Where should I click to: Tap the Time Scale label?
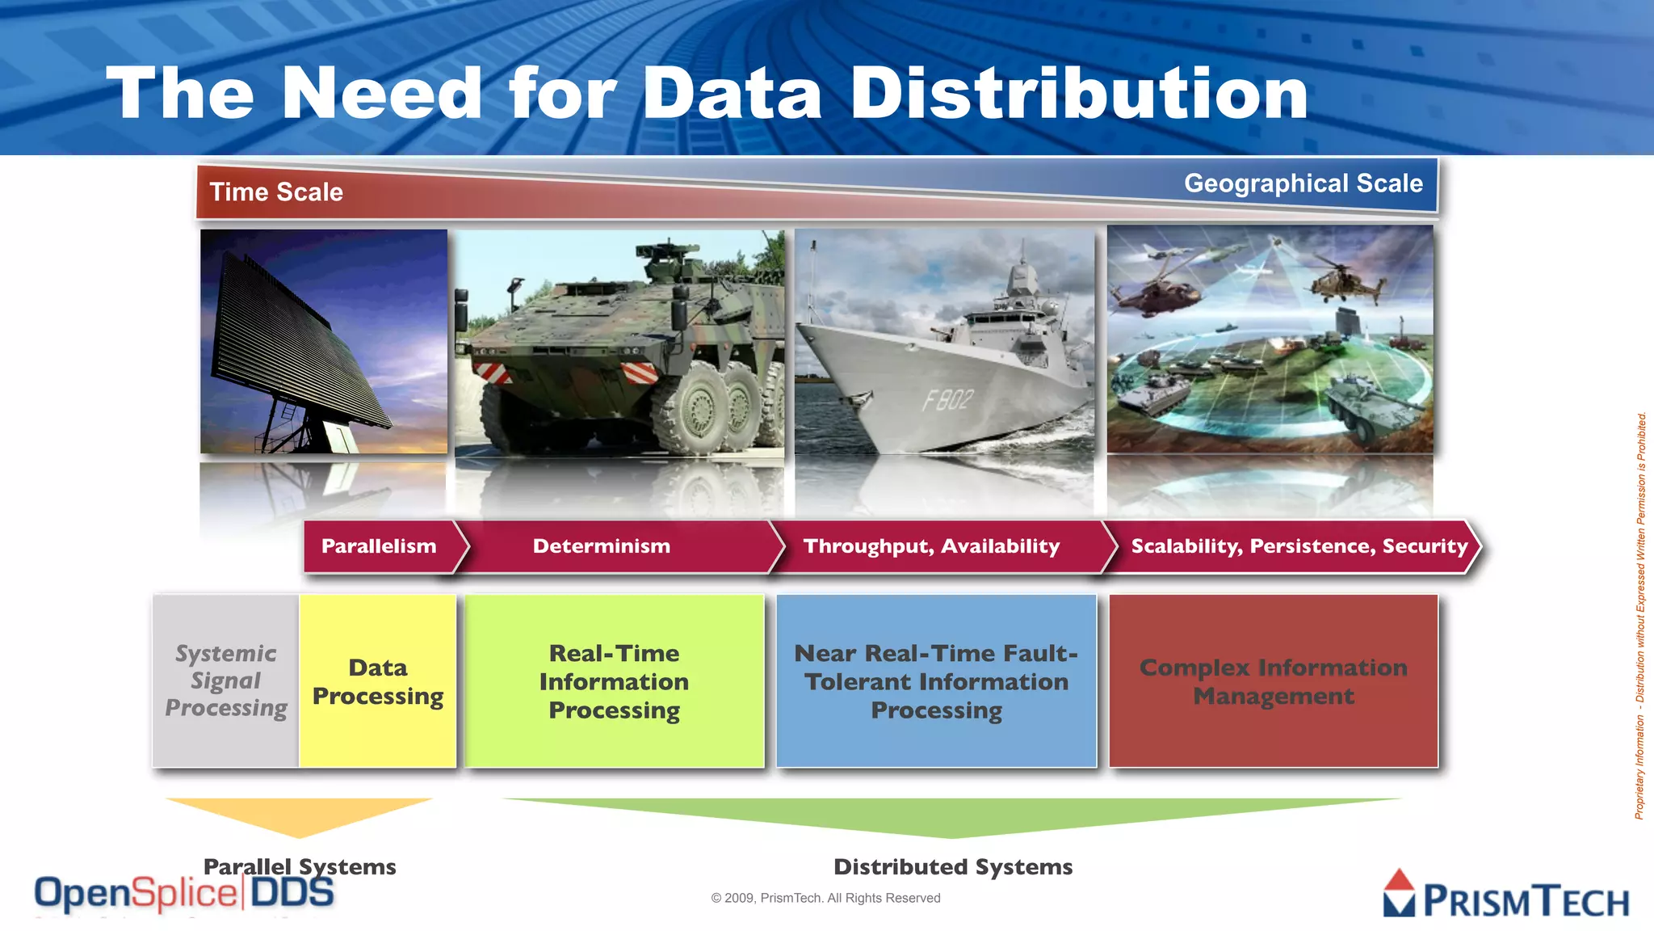[276, 192]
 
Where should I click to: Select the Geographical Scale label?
[1303, 183]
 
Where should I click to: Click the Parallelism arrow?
[379, 546]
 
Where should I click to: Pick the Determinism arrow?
[602, 546]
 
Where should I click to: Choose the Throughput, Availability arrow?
[931, 546]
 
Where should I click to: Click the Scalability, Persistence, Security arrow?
[1299, 546]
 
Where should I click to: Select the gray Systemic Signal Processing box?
[226, 680]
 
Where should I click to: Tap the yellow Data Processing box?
[378, 681]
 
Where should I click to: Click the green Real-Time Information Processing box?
[614, 681]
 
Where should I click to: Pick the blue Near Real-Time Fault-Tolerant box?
[936, 681]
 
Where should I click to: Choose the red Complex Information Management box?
[1273, 681]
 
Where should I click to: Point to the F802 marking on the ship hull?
[947, 399]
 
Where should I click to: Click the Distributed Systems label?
[953, 867]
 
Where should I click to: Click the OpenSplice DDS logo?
[184, 894]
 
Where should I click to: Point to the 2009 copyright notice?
[825, 898]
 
